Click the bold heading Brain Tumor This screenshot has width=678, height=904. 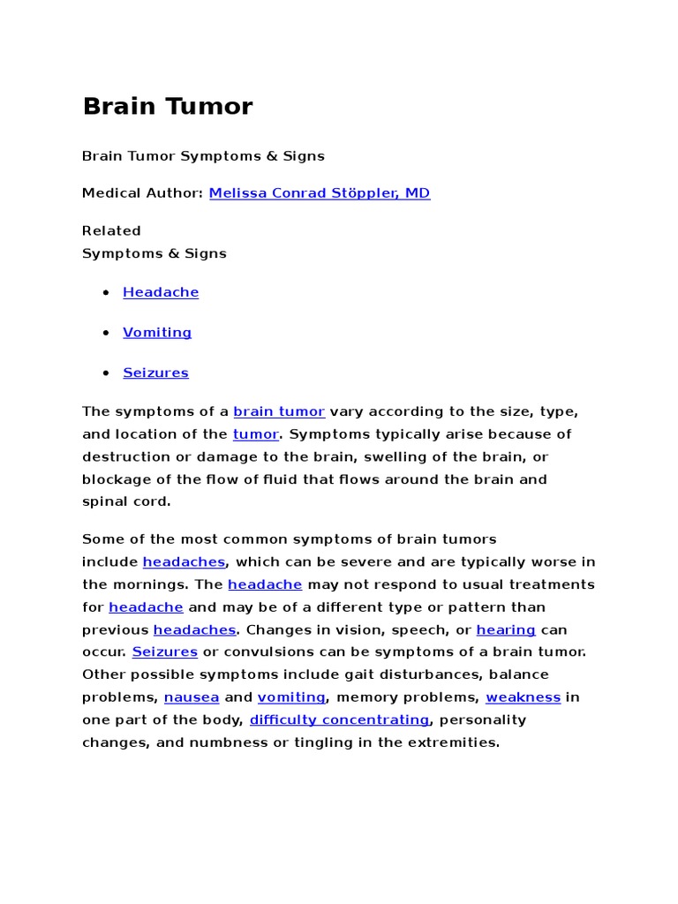[x=168, y=107]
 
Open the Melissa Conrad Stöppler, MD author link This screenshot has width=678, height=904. [x=320, y=193]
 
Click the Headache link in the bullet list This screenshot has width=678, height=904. [x=161, y=292]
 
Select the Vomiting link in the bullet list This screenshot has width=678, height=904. [x=157, y=333]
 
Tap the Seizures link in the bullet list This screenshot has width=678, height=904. [x=155, y=373]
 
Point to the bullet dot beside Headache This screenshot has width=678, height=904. [x=106, y=292]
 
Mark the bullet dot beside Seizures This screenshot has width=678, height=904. [x=106, y=373]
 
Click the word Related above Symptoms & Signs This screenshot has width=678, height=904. [x=111, y=231]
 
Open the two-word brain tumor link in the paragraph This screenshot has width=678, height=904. [x=279, y=412]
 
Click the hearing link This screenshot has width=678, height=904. [x=506, y=630]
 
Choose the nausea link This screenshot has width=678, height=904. [x=192, y=697]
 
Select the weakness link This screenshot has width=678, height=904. [x=524, y=697]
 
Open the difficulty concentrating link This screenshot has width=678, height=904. [x=340, y=720]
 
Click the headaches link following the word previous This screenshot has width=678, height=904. [x=194, y=630]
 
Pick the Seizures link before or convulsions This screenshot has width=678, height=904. [x=165, y=652]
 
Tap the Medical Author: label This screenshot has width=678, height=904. [x=142, y=193]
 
